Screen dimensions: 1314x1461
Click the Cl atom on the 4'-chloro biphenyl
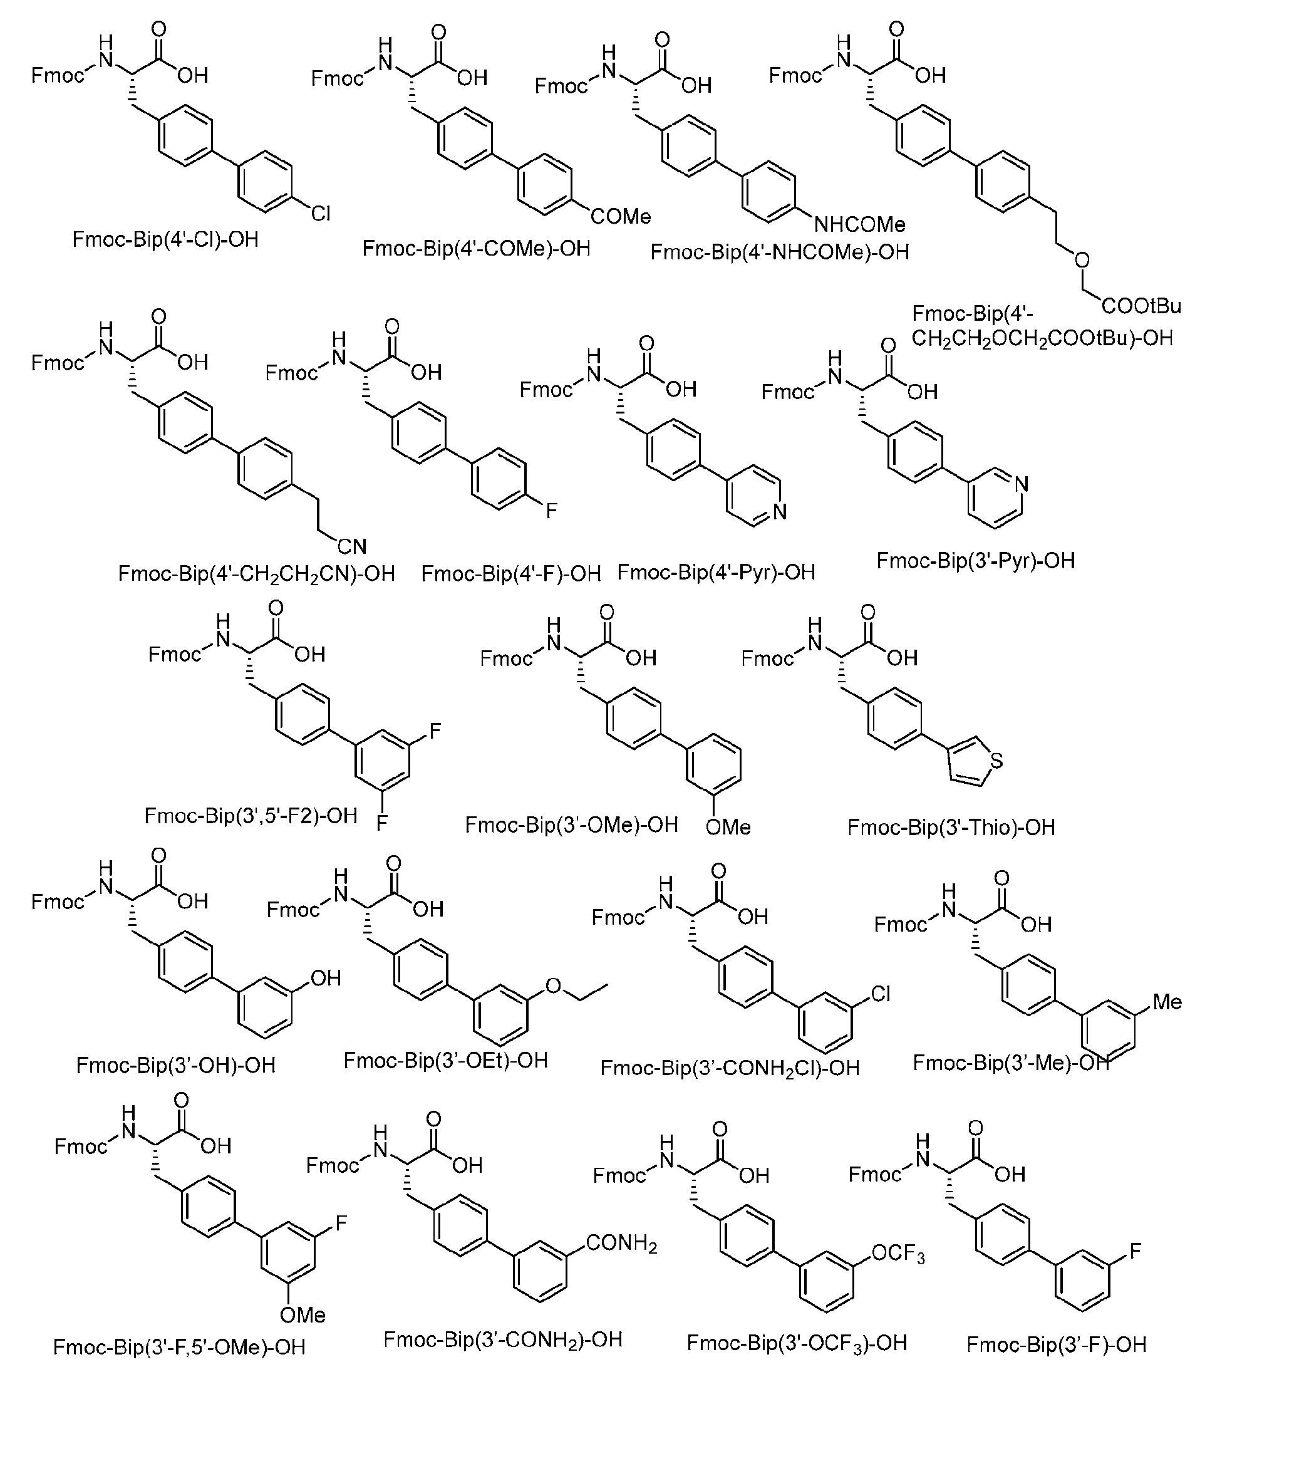(321, 213)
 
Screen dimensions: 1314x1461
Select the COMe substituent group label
(621, 217)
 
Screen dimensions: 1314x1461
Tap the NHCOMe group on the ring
(860, 225)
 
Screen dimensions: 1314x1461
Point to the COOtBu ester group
(1141, 306)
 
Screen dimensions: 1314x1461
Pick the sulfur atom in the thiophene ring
(996, 761)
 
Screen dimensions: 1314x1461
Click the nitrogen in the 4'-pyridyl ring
(779, 512)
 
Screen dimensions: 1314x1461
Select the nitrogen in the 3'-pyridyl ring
(1021, 484)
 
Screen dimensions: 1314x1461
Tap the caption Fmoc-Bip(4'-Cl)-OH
(165, 240)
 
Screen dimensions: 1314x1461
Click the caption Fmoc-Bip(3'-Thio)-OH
(951, 828)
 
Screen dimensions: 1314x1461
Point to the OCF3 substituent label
(898, 1254)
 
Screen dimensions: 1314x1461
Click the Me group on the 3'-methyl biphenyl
(1167, 1002)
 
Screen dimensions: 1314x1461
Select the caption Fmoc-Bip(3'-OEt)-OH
(445, 1060)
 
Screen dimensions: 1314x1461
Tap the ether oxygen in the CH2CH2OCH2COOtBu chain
(1082, 260)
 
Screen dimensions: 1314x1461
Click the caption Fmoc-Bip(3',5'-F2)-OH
(251, 816)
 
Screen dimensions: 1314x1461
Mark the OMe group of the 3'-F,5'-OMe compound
(303, 1315)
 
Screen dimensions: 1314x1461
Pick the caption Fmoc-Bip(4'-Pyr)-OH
(716, 573)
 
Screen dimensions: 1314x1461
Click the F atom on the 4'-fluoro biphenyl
(552, 511)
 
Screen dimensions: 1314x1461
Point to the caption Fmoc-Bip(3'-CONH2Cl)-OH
(730, 1068)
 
